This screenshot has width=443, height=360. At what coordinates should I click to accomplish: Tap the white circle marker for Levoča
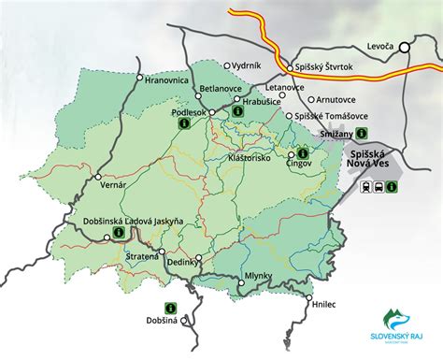(405, 46)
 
